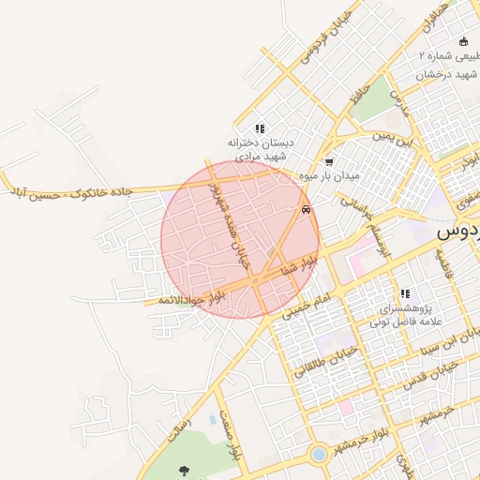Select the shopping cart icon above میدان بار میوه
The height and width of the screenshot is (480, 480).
[328, 162]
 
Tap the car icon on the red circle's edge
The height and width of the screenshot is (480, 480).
[306, 210]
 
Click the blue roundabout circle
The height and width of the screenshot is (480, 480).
[319, 454]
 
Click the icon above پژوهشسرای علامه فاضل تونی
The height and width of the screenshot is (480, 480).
[404, 294]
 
